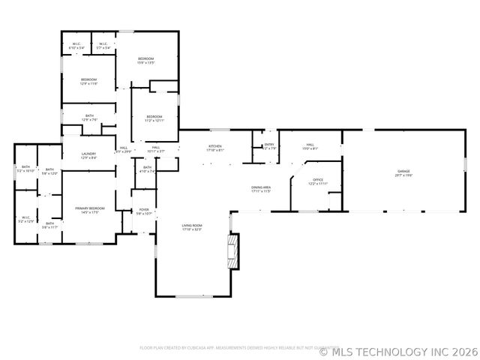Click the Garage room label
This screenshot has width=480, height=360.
[404, 173]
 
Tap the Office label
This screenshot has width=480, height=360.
[317, 181]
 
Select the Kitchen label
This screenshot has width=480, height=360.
[215, 148]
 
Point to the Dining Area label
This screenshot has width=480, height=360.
[260, 189]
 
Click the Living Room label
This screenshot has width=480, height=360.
[192, 227]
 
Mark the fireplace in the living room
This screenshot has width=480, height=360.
[233, 251]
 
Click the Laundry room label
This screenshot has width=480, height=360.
[88, 155]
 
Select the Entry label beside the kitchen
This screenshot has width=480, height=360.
[269, 146]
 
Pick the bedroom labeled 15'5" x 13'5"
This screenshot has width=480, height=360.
[145, 61]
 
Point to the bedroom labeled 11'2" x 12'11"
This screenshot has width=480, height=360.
[154, 118]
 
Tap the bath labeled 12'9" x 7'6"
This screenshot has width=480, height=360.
[89, 117]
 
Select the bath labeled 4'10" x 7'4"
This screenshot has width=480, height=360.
[148, 169]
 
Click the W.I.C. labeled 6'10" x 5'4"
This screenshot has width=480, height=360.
[76, 46]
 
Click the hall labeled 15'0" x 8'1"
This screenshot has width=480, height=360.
[310, 147]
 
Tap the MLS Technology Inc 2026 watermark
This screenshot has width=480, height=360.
[399, 350]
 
